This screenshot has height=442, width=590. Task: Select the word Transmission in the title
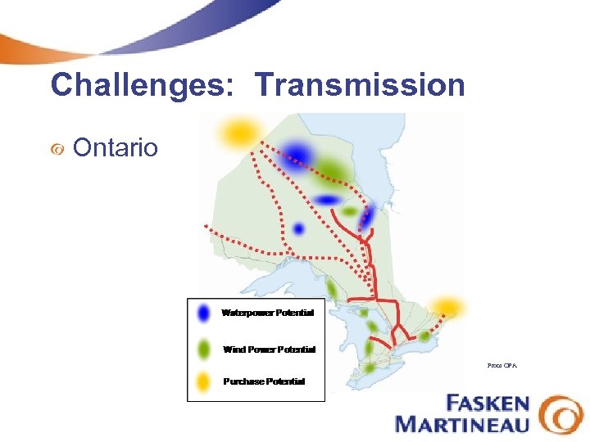360,84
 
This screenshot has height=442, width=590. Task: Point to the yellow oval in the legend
204,381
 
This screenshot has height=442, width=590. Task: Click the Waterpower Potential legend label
267,313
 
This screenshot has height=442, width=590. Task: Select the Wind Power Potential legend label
269,350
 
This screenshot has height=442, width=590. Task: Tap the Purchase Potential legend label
264,381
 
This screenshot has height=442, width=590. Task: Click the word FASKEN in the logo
488,404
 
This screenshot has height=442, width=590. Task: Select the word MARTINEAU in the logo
462,424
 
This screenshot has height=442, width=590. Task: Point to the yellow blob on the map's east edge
447,306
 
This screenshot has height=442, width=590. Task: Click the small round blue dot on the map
299,228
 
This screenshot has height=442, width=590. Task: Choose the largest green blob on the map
331,169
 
